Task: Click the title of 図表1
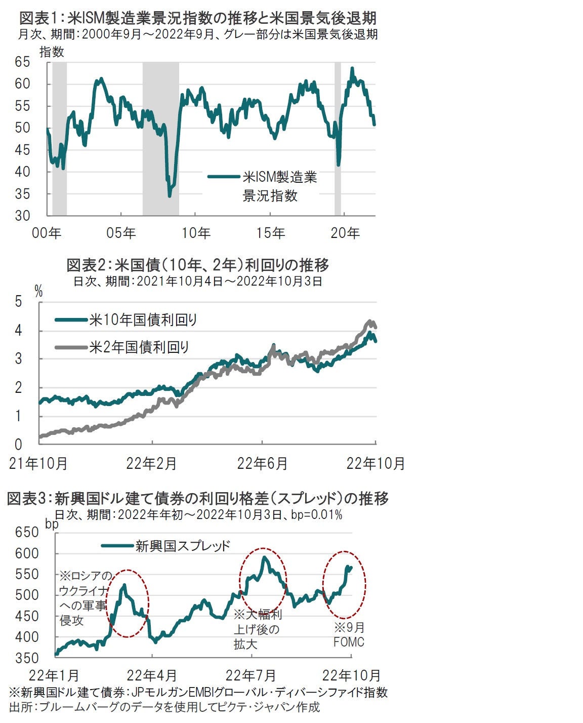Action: (x=198, y=18)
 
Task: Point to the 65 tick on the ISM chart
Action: (x=36, y=62)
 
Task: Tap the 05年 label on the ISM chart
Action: (x=121, y=233)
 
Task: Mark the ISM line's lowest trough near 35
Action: (x=170, y=195)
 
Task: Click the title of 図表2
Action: (x=198, y=265)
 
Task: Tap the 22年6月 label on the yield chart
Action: (x=262, y=463)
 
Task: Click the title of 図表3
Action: (x=198, y=499)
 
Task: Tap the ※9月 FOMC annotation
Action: (x=349, y=635)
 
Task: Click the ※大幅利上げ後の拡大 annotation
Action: (x=257, y=629)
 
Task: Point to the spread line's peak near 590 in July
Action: (x=264, y=557)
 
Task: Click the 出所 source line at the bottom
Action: (x=164, y=707)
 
